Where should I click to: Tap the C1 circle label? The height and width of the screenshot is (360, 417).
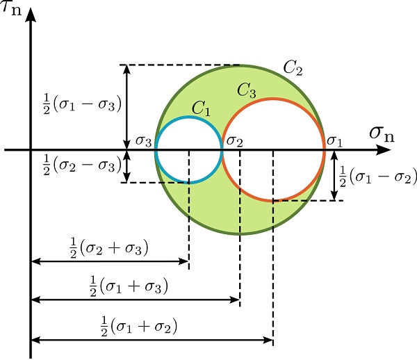point(202,108)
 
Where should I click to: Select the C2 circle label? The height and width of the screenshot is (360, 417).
point(293,67)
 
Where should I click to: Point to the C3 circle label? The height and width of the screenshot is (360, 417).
point(247,90)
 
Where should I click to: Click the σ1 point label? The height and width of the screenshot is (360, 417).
point(334,141)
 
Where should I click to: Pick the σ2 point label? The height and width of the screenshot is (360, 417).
point(234,141)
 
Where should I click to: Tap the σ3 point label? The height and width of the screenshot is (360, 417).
point(144,141)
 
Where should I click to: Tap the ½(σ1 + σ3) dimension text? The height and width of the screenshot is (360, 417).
point(131,285)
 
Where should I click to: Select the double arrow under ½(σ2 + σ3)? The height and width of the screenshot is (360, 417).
point(110,262)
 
